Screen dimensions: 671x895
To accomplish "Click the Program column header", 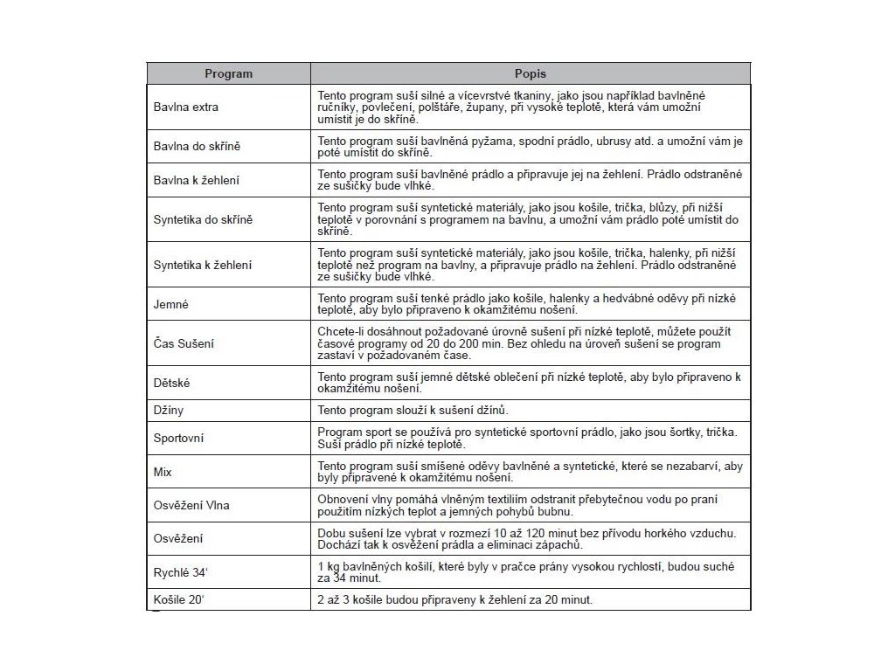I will (228, 74).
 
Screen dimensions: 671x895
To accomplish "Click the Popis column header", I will (530, 74).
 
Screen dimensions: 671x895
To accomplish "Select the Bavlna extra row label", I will (186, 107).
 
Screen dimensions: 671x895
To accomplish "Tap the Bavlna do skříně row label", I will (197, 146).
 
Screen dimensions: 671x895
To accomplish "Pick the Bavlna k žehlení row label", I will (196, 181).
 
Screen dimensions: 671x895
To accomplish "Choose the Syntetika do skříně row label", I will (203, 219).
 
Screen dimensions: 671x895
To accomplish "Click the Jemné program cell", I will (171, 305).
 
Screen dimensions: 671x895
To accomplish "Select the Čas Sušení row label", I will (183, 343).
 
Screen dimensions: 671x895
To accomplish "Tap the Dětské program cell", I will (172, 383).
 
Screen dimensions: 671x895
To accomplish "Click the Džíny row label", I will (169, 409).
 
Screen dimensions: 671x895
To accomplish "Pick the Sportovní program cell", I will (178, 439).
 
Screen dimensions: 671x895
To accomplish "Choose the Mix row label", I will (163, 472).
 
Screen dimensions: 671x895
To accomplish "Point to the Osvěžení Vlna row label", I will (191, 505).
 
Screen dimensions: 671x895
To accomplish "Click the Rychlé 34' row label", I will (178, 572).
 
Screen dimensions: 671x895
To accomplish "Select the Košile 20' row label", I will (177, 600).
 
